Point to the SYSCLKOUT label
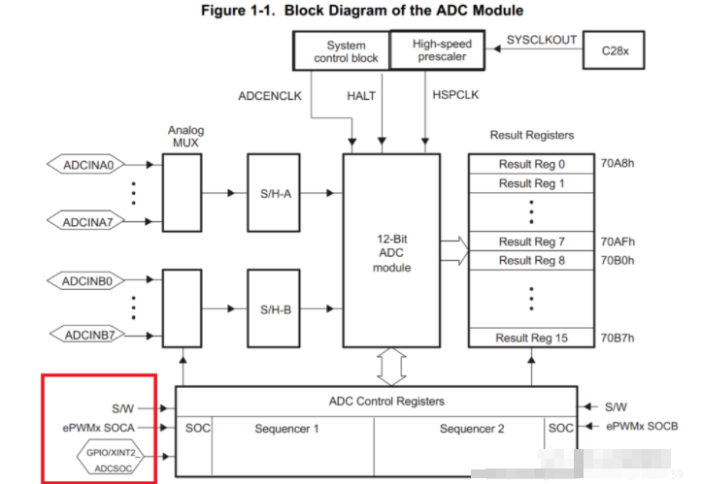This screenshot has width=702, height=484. point(542,40)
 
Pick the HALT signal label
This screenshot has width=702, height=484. point(361,96)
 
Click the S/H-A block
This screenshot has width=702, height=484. point(275,193)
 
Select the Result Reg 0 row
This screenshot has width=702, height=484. point(531,164)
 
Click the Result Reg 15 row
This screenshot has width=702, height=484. point(531,338)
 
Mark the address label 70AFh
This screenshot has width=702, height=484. point(618,241)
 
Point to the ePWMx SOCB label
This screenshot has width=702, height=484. point(640,427)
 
